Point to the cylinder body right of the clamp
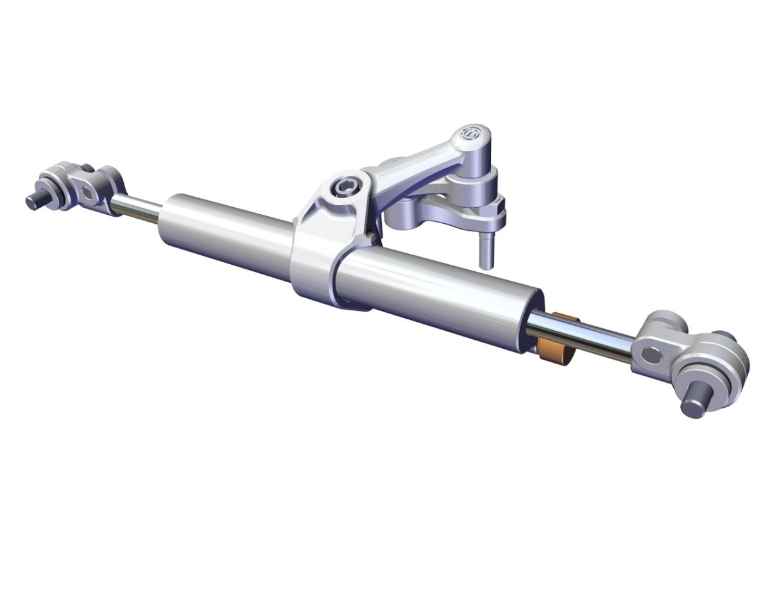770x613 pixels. coord(436,295)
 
